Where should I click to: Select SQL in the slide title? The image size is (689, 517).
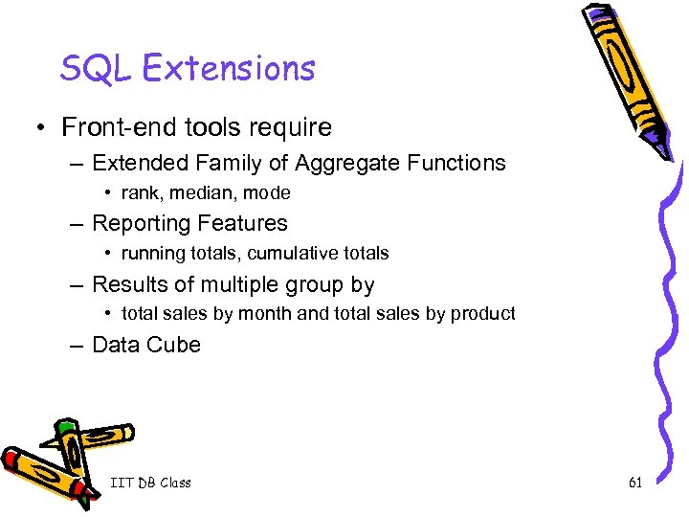tap(88, 68)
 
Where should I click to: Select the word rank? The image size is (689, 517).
tap(140, 193)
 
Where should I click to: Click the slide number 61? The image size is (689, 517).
tap(635, 483)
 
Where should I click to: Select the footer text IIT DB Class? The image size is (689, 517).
tap(150, 483)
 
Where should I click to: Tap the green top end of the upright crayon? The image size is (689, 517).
tap(65, 425)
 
